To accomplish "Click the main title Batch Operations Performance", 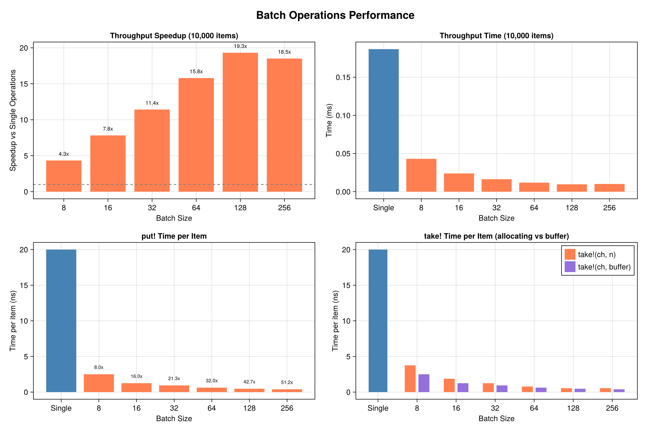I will [335, 15].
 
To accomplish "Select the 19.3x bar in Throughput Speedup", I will [240, 122].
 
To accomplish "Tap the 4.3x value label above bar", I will [64, 154].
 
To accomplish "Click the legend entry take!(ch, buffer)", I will [604, 267].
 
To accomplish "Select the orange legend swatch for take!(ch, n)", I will [570, 255].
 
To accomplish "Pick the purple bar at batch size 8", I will [424, 383].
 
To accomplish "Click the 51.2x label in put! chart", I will [287, 383].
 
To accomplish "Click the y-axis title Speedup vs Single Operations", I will [13, 120].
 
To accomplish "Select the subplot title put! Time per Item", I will [174, 237].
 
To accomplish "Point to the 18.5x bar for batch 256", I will [284, 125].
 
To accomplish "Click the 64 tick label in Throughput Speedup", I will [196, 208].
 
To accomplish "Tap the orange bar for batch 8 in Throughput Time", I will [421, 175].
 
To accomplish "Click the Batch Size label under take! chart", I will [496, 419].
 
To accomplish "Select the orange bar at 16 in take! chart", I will [449, 385].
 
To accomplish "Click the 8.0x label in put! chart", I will [99, 367].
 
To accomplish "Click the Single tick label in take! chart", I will [378, 408].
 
